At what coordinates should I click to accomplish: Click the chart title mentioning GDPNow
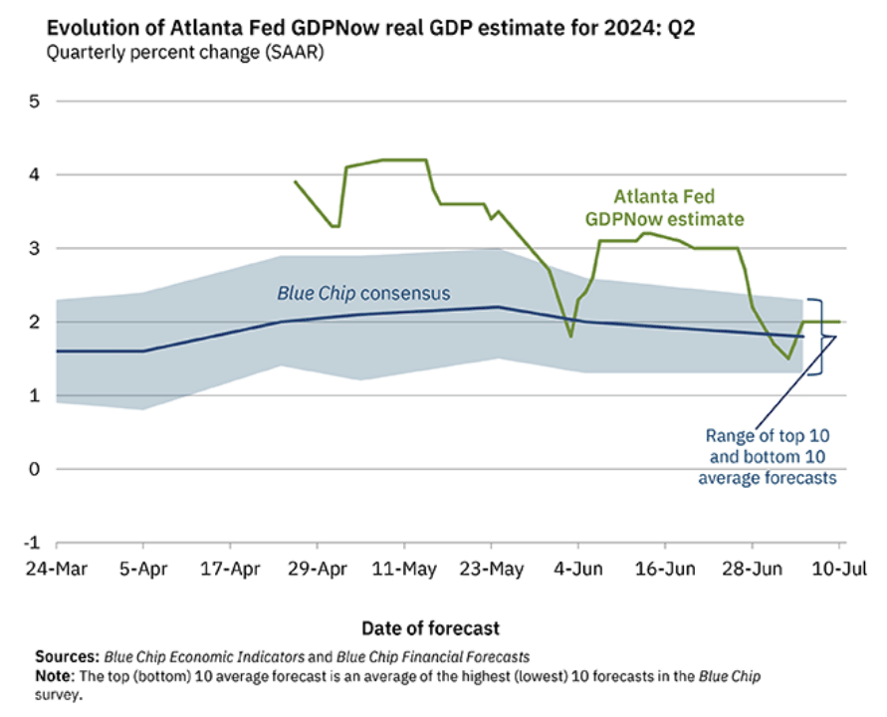370,27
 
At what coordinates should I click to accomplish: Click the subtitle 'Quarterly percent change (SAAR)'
185,53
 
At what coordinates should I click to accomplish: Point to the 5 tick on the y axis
35,102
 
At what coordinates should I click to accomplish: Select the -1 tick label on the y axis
32,543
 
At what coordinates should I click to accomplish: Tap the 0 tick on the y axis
35,469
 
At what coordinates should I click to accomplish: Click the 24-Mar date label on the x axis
57,569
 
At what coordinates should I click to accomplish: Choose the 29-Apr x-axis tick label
318,569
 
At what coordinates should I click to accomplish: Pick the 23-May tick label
492,569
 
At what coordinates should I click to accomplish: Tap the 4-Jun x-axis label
578,569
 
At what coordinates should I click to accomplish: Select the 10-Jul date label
839,569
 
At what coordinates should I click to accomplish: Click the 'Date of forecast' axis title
430,628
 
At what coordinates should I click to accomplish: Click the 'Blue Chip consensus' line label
363,293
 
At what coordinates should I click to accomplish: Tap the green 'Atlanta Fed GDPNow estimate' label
665,208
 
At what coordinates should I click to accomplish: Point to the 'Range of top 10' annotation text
768,436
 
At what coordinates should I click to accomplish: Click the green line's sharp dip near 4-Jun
570,337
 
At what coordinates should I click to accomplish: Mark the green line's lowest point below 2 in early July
788,358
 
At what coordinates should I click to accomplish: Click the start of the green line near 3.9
296,181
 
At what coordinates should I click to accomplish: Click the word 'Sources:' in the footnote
68,656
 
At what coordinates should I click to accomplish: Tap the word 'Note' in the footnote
54,676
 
